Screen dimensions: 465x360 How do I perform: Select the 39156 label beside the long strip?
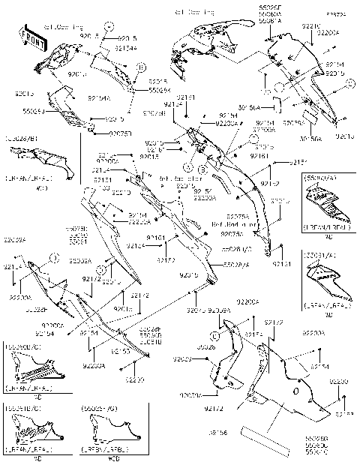tap(218, 433)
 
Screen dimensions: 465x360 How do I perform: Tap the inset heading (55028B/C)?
tap(22, 348)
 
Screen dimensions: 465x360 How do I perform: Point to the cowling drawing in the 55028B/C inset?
tap(30, 369)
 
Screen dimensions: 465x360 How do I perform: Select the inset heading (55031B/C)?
tap(22, 409)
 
